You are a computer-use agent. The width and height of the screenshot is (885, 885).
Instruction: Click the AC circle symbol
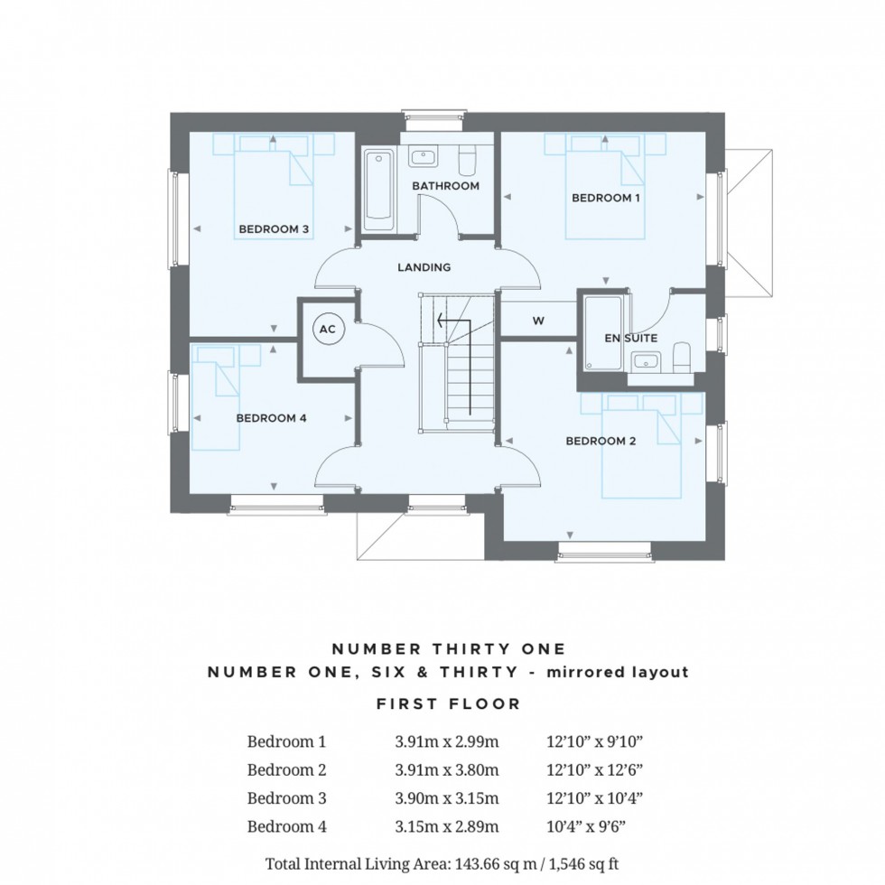tap(328, 330)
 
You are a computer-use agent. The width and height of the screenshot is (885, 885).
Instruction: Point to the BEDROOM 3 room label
tap(274, 230)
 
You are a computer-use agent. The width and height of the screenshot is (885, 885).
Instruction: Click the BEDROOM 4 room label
tap(272, 418)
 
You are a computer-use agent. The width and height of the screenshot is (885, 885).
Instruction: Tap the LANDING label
tap(424, 267)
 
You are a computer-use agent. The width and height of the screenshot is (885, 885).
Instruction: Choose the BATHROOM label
tap(445, 186)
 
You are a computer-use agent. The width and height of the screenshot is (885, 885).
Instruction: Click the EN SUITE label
tap(630, 338)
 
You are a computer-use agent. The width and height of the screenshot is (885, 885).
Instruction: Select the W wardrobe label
tap(538, 319)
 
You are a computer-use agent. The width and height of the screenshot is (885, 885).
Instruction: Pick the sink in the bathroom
tap(423, 157)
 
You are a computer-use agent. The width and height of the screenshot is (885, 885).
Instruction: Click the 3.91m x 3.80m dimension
tap(446, 770)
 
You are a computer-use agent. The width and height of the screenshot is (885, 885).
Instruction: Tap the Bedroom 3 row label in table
tap(286, 798)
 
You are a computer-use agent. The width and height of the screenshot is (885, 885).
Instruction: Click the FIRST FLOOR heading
tap(449, 703)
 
